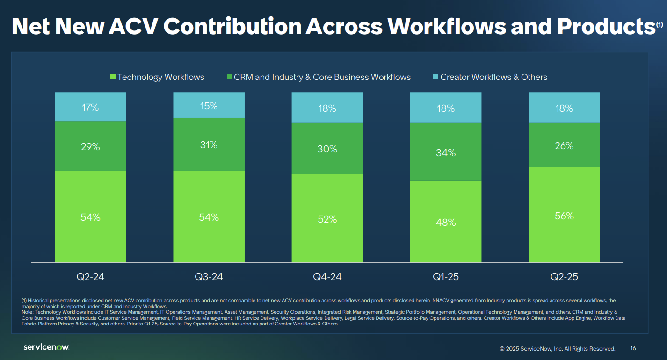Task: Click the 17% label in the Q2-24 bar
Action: (x=90, y=108)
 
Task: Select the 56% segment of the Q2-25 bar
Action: (x=564, y=216)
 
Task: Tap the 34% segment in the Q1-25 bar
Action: (x=446, y=152)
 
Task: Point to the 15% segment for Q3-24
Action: (x=209, y=106)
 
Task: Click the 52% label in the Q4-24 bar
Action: (x=327, y=219)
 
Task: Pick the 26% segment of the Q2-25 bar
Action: (x=564, y=146)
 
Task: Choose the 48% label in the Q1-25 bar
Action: (x=446, y=223)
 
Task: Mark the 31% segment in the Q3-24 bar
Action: (x=209, y=145)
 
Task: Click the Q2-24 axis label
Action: (x=90, y=277)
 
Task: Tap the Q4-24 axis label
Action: (x=327, y=277)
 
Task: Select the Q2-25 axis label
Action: (x=564, y=277)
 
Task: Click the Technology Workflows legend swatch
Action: (x=113, y=77)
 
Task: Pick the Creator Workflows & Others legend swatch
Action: (x=436, y=77)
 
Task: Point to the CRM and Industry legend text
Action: (x=322, y=77)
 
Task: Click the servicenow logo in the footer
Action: (x=46, y=347)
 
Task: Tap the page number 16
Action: (x=633, y=348)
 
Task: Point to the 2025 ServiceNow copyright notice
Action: (x=557, y=349)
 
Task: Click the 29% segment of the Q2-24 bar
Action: (x=90, y=147)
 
